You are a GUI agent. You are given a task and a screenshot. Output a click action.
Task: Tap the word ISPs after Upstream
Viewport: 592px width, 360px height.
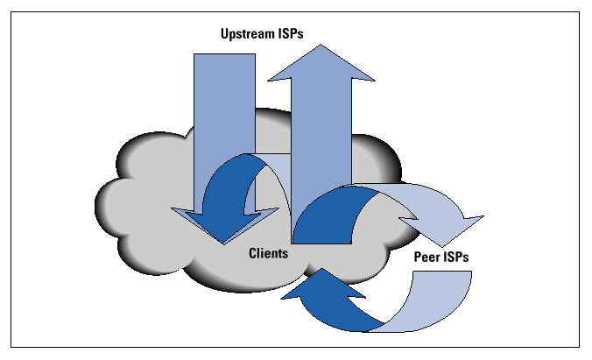coord(296,34)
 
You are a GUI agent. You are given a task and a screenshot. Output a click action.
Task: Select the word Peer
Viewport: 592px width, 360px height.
coord(428,259)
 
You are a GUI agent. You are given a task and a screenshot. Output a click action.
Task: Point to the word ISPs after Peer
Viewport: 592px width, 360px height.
coord(461,259)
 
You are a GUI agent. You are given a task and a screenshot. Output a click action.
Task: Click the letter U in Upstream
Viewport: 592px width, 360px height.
coord(224,34)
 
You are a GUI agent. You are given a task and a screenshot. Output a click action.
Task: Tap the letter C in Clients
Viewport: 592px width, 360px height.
coord(252,252)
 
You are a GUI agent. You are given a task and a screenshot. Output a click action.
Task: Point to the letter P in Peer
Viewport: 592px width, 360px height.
coord(418,259)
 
